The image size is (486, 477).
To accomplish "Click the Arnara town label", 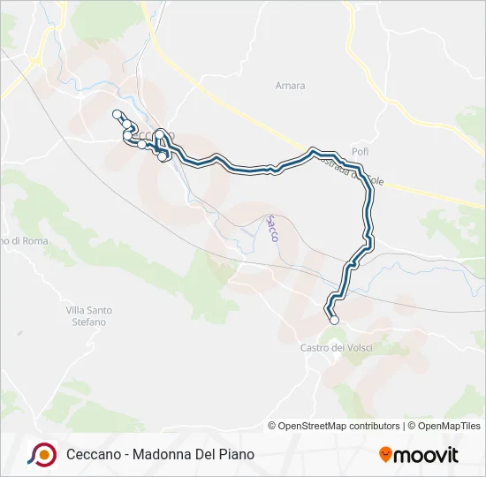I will pos(290,86).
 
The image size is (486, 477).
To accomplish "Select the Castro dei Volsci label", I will pos(336,348).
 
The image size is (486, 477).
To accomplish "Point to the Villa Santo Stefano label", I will pos(88,316).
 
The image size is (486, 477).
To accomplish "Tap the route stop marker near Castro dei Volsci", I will pos(334,321).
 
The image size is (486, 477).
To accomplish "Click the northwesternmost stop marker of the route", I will pos(117,113).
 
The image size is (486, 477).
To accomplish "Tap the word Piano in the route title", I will pos(236,454).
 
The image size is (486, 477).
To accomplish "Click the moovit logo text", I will pos(426,456).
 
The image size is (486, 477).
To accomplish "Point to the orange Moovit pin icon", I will pos(385,455).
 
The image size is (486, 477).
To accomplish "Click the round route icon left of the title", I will pos(42,454).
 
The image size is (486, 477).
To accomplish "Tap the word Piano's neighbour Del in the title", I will pos(207,454).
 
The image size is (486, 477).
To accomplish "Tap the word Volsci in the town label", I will pos(357,348).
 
